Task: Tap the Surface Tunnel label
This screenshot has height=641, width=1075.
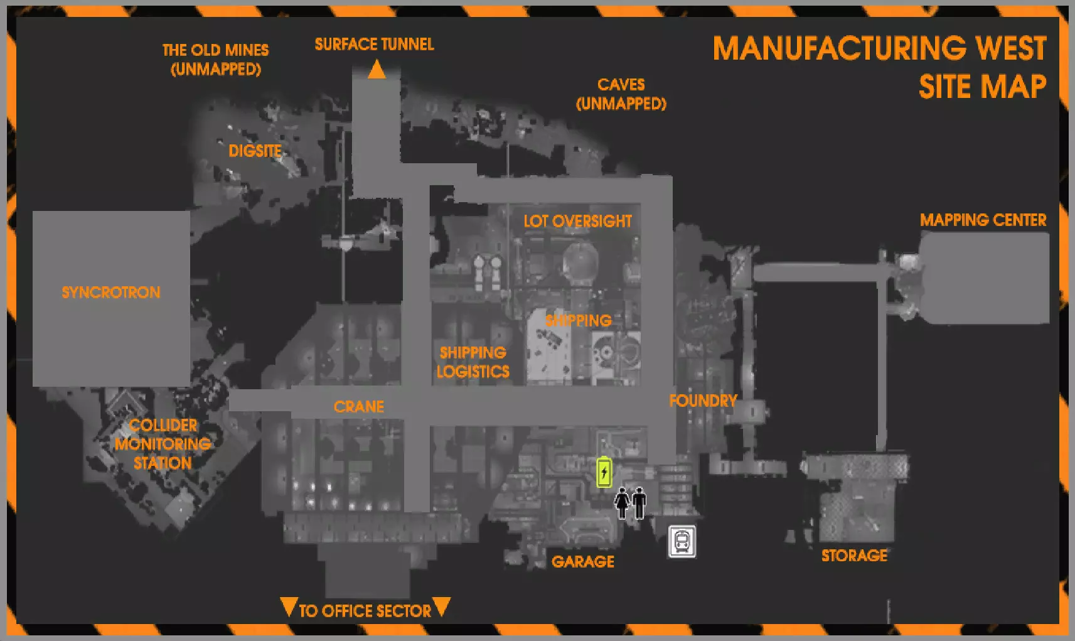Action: (374, 44)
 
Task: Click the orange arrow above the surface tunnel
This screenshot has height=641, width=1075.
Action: (377, 69)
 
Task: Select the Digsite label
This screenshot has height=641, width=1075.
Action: (255, 151)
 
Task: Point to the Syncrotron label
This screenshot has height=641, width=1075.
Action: (111, 292)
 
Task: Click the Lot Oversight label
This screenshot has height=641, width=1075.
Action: (577, 221)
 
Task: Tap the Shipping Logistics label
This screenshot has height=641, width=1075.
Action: (473, 362)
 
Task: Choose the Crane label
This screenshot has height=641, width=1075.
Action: (358, 406)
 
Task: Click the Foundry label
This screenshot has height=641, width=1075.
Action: (703, 401)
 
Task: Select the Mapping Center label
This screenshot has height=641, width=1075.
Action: (983, 220)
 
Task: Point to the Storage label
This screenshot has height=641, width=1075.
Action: (854, 556)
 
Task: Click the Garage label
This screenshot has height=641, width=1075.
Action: (582, 561)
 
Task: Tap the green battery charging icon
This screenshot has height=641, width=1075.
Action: (604, 472)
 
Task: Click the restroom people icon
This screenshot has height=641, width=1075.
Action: (631, 502)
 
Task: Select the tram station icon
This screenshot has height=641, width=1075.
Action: (682, 541)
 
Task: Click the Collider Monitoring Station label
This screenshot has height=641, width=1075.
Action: (163, 444)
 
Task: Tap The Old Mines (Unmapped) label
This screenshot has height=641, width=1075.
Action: (215, 59)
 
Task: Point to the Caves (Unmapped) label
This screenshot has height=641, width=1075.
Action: (621, 94)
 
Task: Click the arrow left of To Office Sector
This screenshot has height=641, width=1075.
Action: (288, 607)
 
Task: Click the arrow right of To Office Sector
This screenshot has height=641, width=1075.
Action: (442, 606)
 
